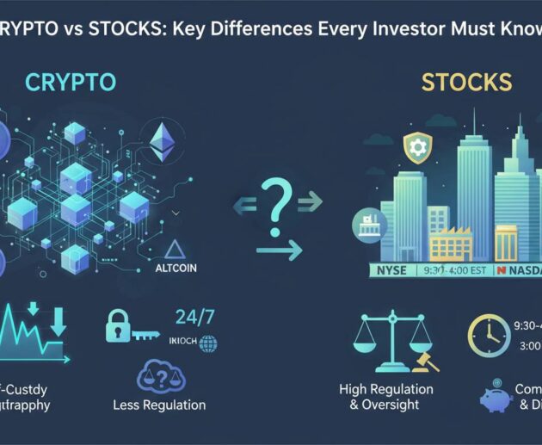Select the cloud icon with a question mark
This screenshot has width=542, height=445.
pyautogui.click(x=158, y=376)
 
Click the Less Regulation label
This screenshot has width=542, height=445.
pyautogui.click(x=159, y=405)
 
